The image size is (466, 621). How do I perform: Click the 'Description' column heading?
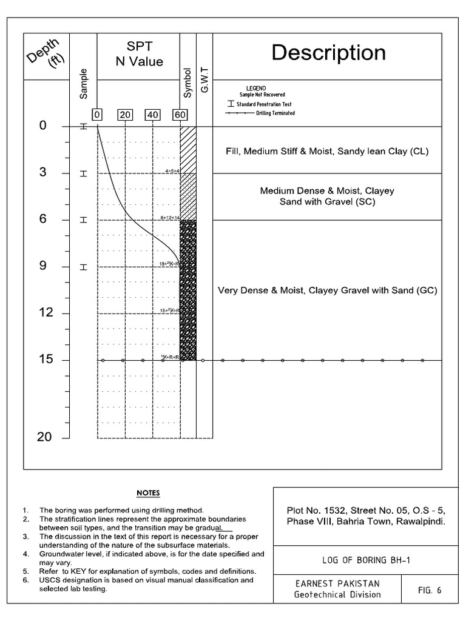(328, 53)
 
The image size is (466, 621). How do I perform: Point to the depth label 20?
(44, 437)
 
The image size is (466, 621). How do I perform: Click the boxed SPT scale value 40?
(152, 115)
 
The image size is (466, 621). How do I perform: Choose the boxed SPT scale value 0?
(97, 115)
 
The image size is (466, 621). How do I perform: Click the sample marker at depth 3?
(84, 173)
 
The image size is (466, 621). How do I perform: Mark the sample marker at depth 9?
(84, 267)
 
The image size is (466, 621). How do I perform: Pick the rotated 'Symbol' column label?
(187, 83)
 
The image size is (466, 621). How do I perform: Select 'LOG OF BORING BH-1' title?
(366, 561)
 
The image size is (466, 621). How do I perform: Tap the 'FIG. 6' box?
(431, 589)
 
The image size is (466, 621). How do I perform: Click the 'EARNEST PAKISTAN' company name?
(337, 583)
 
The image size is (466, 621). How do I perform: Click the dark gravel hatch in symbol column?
(187, 291)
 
